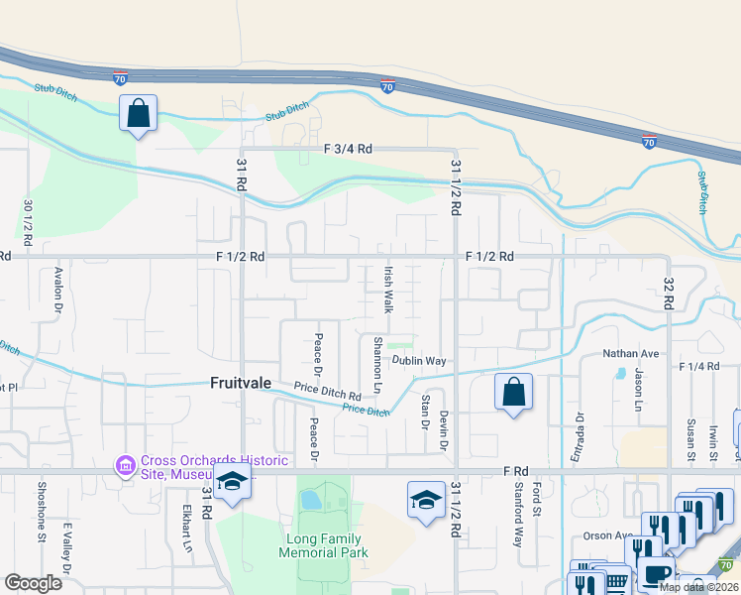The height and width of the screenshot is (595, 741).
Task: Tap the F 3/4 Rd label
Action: point(347,149)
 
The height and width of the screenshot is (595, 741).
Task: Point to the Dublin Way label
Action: point(419,361)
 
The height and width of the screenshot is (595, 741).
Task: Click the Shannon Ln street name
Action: point(376,362)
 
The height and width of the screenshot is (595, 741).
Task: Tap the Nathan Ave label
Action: point(631,353)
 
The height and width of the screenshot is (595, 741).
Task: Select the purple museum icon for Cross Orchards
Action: point(126,465)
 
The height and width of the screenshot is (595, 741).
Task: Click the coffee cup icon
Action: point(654,572)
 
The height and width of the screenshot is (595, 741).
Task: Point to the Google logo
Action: point(34,582)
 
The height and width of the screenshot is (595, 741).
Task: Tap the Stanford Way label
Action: point(517,515)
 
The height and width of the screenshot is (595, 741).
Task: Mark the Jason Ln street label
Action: point(639,392)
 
